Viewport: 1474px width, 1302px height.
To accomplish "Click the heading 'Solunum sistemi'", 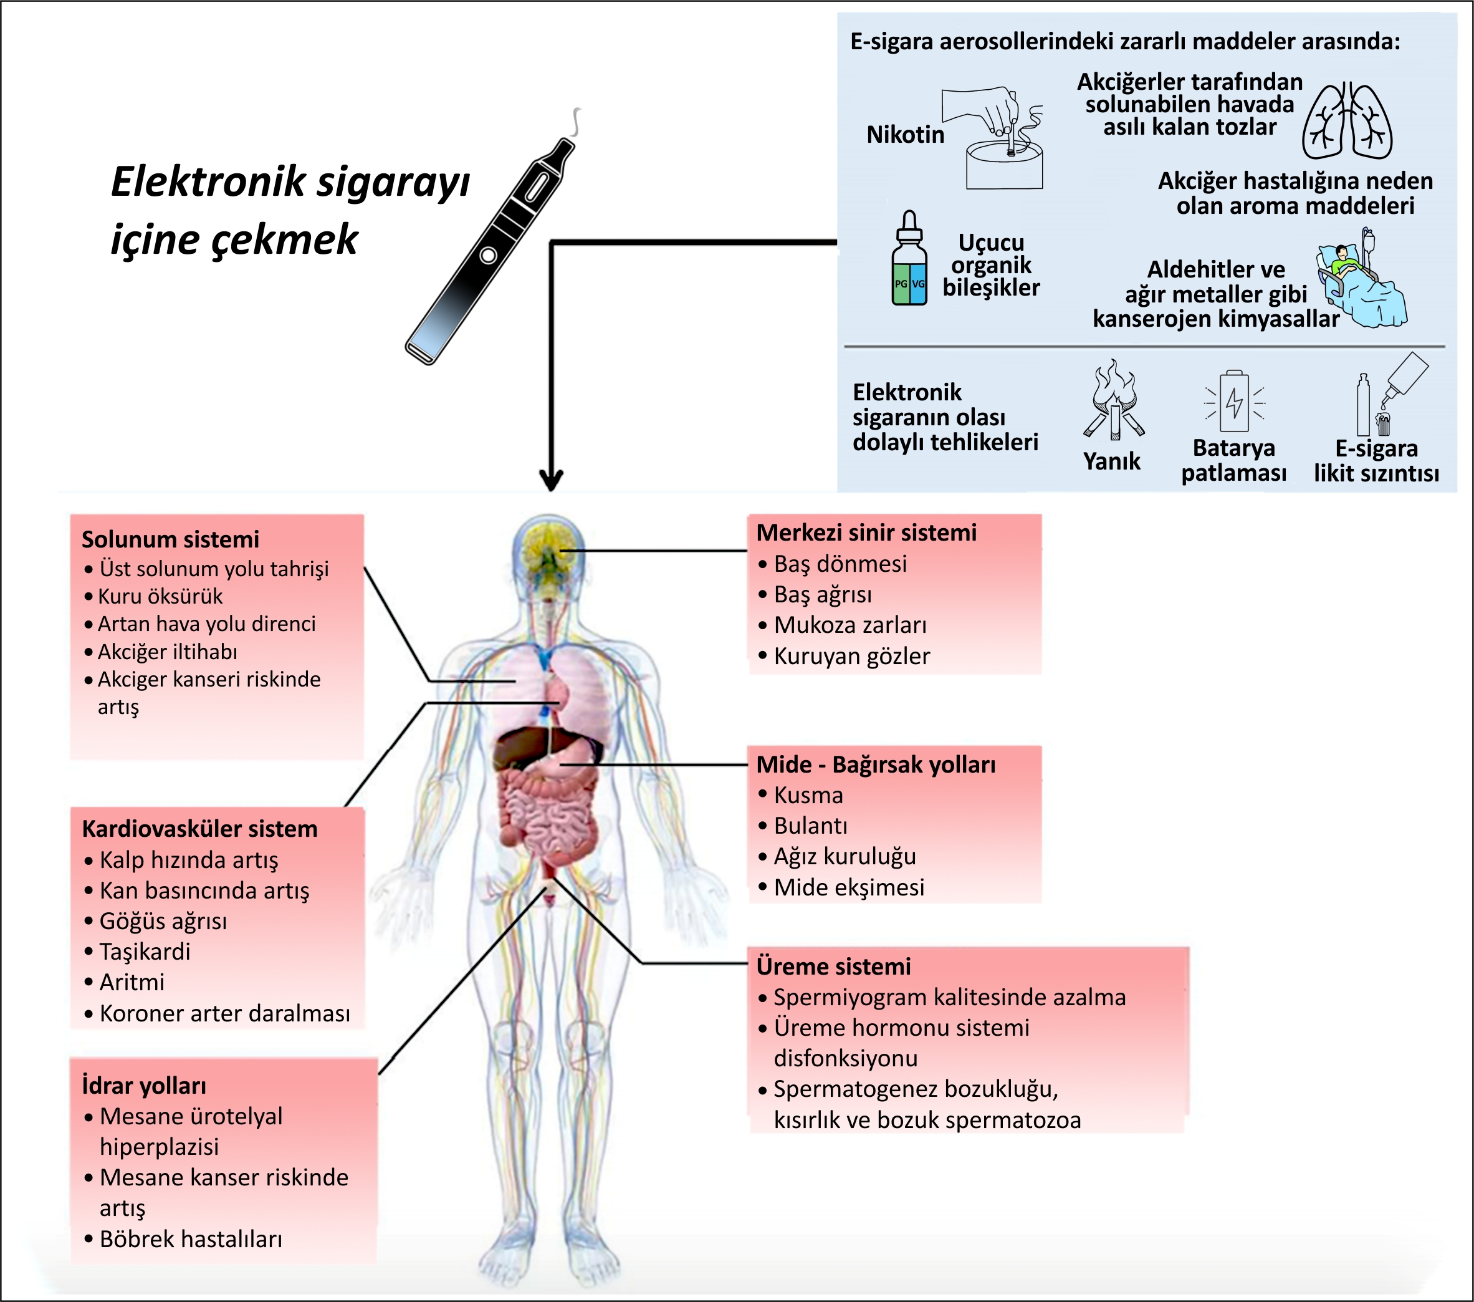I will click(x=170, y=539).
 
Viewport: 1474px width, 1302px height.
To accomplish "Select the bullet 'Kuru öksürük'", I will click(x=160, y=597).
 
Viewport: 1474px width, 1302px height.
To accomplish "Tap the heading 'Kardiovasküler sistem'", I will click(x=199, y=829).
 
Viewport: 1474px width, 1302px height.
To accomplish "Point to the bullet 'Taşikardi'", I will click(x=145, y=952).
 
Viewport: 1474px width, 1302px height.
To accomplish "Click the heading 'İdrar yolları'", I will click(x=144, y=1086).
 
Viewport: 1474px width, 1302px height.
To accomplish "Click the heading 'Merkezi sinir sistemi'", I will click(x=866, y=533).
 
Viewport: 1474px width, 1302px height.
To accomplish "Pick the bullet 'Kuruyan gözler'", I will click(x=851, y=657).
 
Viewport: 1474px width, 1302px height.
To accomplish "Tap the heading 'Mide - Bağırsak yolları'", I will click(x=876, y=764).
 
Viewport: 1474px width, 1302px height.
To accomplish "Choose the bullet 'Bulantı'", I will click(x=811, y=826).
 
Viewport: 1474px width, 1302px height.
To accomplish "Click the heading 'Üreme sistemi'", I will click(x=834, y=967).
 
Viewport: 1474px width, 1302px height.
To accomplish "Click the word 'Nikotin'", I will click(x=905, y=135).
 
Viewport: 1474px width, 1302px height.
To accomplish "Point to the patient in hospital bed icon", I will click(x=1362, y=281).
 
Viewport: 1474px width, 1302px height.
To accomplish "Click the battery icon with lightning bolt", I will click(x=1235, y=401).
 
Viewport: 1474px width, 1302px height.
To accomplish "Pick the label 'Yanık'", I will click(x=1111, y=461).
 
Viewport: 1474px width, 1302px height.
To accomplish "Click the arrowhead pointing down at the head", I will click(x=551, y=480).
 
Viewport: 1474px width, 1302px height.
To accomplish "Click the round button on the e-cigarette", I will click(x=487, y=256).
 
